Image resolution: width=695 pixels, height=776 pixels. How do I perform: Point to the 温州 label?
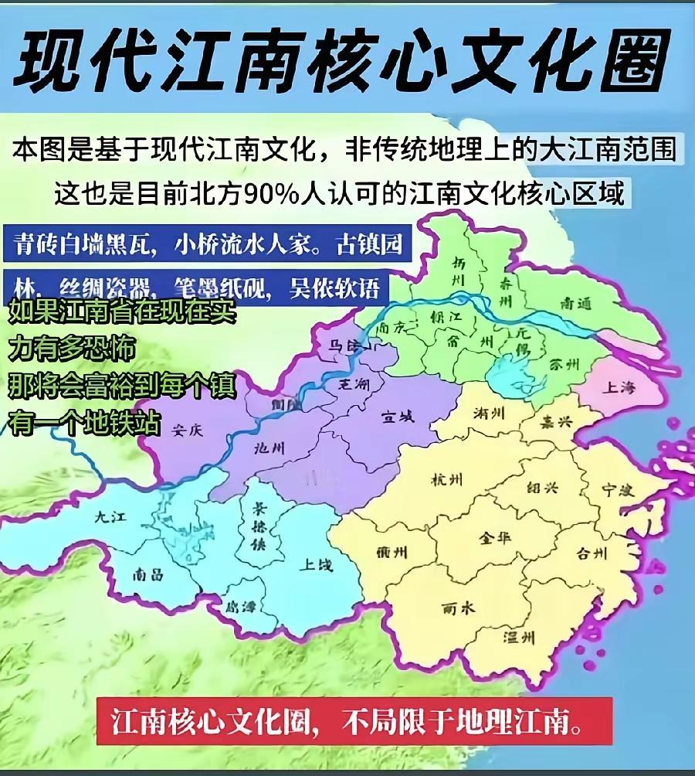[x=518, y=638]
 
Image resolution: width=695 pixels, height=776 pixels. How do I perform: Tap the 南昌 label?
[x=147, y=574]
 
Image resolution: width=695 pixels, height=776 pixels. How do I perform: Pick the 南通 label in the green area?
[x=578, y=304]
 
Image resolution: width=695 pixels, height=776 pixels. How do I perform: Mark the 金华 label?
[x=495, y=537]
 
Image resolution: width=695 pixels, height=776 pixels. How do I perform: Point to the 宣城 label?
[x=397, y=417]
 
